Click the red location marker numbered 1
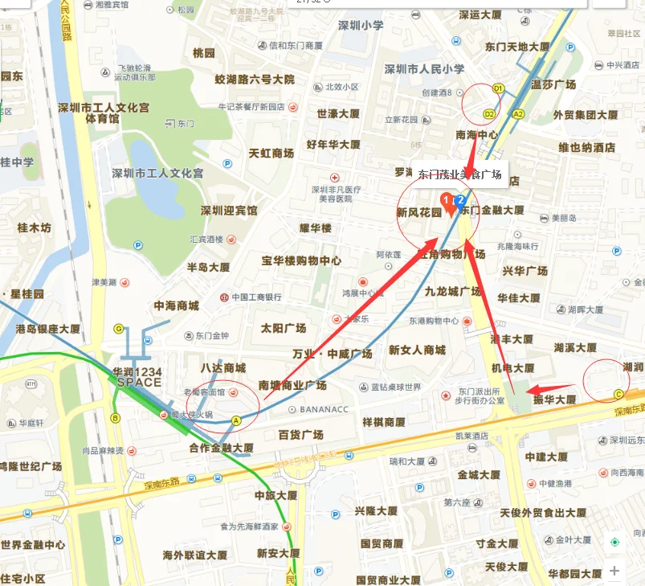click(x=446, y=199)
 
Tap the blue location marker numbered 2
click(x=460, y=199)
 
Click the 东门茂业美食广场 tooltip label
click(x=459, y=174)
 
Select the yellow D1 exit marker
click(x=498, y=88)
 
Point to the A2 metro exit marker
click(x=518, y=114)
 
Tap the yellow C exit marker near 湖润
click(x=618, y=394)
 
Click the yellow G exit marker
click(x=119, y=328)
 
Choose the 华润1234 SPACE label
click(x=138, y=377)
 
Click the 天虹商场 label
click(x=271, y=153)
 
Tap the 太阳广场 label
click(x=284, y=328)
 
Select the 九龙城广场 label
click(x=452, y=291)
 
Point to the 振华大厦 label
click(x=549, y=399)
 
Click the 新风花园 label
click(x=419, y=213)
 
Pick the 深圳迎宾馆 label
click(x=229, y=211)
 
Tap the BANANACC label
click(x=324, y=409)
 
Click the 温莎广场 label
click(x=553, y=84)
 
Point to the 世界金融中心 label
click(x=33, y=544)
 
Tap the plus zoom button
click(x=614, y=571)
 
